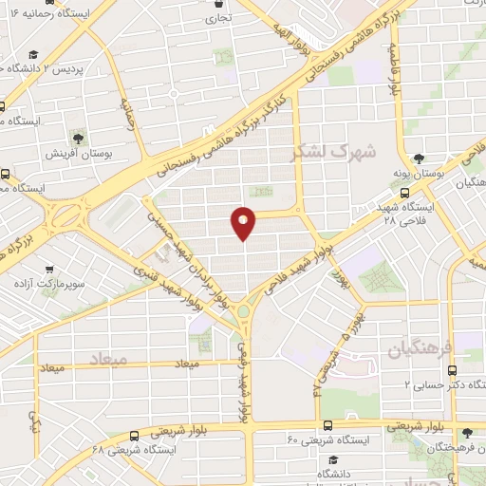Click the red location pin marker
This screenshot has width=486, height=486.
(x=244, y=222)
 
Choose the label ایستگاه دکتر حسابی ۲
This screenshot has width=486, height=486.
(x=446, y=384)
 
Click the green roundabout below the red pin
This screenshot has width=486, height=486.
(x=244, y=309)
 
